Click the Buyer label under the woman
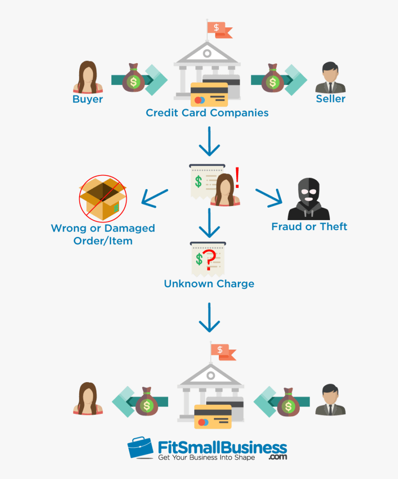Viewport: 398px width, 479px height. click(x=88, y=99)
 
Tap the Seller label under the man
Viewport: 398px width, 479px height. click(x=331, y=99)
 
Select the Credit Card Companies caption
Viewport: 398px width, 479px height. click(x=207, y=113)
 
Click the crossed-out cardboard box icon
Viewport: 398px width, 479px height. click(x=103, y=197)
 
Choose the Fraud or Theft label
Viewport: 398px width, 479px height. click(x=309, y=227)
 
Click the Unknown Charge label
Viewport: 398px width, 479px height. click(x=209, y=283)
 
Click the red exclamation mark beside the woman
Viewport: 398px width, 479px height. click(x=237, y=178)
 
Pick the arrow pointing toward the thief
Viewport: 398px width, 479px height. click(x=269, y=197)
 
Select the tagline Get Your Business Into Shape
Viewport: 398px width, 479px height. click(x=207, y=457)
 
